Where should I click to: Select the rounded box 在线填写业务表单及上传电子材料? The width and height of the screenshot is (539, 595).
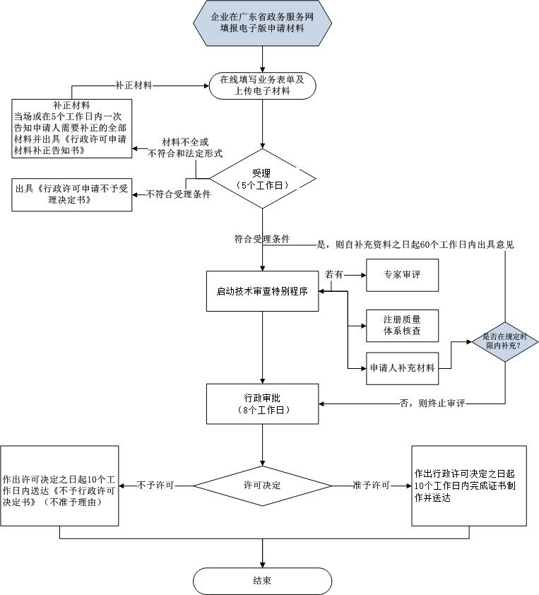pos(262,86)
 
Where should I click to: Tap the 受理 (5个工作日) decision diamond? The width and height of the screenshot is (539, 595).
pos(262,178)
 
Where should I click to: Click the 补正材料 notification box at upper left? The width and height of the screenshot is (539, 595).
pos(71,128)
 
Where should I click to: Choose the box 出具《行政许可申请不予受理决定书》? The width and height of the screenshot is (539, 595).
pos(71,194)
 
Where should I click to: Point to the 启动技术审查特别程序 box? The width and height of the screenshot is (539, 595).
pos(262,290)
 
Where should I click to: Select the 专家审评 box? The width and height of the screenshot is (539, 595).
pos(402,275)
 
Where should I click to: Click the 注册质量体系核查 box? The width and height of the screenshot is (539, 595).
pos(402,324)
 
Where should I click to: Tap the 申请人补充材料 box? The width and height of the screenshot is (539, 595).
pos(402,368)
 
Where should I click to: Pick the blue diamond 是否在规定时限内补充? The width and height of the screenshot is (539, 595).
pos(505,342)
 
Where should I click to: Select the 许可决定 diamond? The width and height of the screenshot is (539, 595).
pos(262,486)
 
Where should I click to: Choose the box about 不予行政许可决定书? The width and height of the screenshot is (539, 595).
pos(59,486)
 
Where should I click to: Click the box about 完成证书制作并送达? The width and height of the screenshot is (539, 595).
pos(469,486)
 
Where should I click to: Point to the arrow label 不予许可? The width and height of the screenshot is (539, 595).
pos(155,486)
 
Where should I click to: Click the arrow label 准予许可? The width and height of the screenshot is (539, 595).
pos(372,486)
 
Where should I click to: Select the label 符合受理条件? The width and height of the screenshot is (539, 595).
pos(262,239)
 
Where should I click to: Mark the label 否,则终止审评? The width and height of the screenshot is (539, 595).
pos(432,403)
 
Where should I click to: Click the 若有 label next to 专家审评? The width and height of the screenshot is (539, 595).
pos(333,273)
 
